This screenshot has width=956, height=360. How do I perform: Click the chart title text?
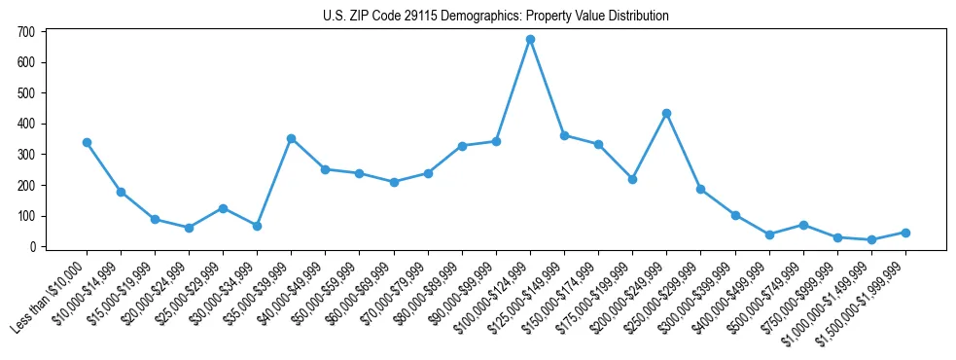pos(496,17)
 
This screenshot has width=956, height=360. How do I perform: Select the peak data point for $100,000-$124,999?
pos(530,40)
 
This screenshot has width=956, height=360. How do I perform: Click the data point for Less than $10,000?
pos(87,142)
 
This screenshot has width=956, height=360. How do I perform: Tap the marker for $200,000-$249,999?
pos(666,113)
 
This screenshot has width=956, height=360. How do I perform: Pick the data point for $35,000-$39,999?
pos(291,138)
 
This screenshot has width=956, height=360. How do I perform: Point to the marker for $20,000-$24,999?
pos(189,228)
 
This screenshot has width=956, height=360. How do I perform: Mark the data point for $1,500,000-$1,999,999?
pos(905,233)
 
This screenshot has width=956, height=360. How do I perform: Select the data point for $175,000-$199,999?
pos(632,179)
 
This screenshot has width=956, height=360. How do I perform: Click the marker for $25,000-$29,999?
pos(223,208)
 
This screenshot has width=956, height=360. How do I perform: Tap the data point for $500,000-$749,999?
pos(803,225)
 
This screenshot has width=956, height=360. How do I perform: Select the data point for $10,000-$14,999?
pos(121,192)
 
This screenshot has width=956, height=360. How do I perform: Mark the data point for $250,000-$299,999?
pos(700,189)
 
